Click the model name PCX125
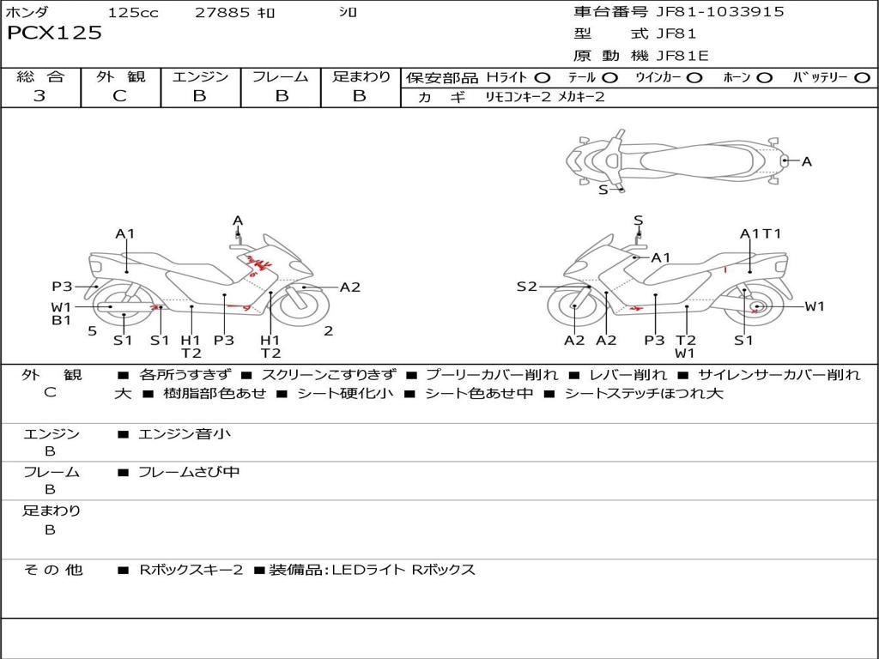point(55,33)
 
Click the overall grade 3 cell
point(39,96)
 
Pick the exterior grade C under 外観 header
point(120,96)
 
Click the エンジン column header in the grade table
point(200,76)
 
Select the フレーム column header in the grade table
point(280,76)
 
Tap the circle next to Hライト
point(543,78)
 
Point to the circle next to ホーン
point(765,78)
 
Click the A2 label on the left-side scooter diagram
point(350,287)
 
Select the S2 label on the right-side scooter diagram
point(526,287)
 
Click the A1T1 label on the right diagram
point(761,233)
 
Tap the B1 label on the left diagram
point(61,321)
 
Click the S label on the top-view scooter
point(603,190)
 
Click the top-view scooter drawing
point(674,160)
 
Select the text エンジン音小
point(185,434)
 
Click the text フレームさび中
point(189,472)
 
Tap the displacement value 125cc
point(132,13)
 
